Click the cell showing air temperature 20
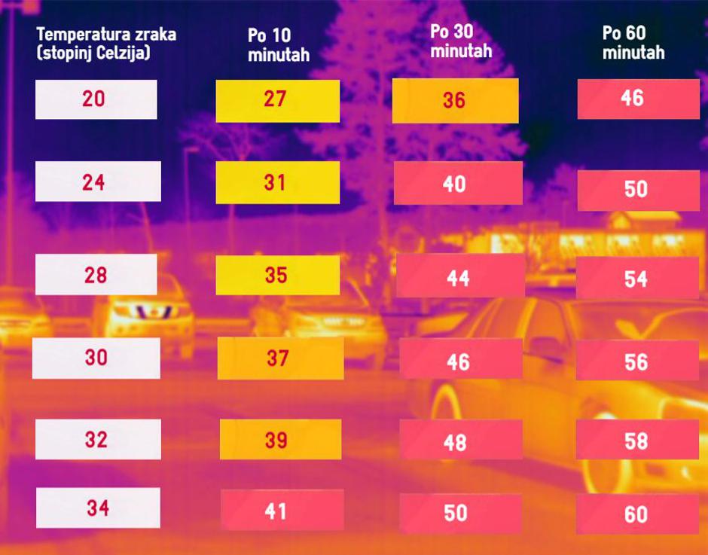(x=96, y=99)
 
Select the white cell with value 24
(x=98, y=181)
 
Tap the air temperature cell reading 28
(x=96, y=275)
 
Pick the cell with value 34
(x=98, y=508)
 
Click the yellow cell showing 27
(x=277, y=101)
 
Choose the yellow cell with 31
(x=277, y=182)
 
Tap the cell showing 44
(x=460, y=276)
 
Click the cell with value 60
(x=637, y=514)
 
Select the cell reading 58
(x=637, y=440)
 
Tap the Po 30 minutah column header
(x=460, y=41)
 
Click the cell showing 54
(x=637, y=278)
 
